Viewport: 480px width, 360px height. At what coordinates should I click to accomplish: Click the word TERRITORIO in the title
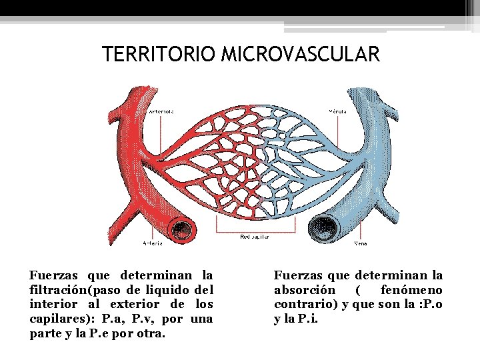click(x=159, y=55)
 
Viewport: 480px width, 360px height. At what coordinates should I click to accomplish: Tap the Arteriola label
click(x=161, y=111)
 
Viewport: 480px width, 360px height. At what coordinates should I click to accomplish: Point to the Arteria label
click(x=153, y=243)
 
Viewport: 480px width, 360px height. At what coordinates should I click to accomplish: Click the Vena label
click(x=360, y=243)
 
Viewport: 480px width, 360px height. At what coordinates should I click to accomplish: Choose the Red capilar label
click(x=254, y=237)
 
